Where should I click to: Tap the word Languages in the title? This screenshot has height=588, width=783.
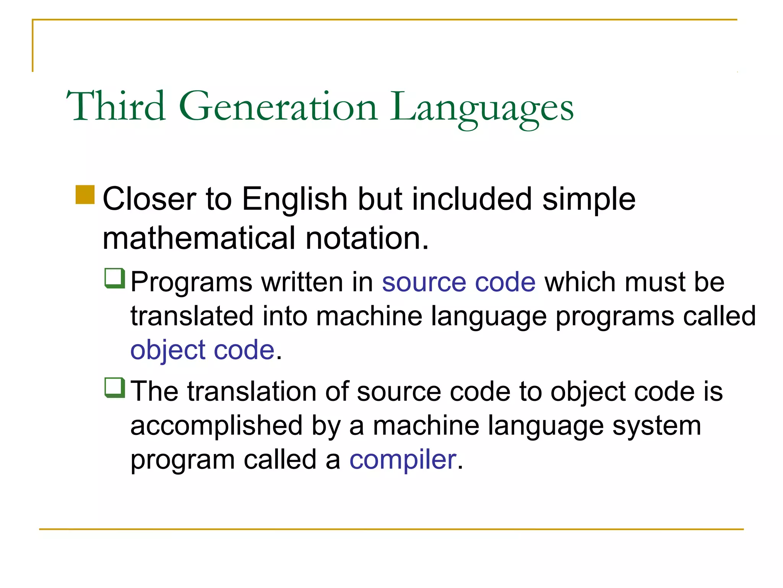click(481, 108)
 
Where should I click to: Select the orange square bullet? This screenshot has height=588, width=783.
click(85, 195)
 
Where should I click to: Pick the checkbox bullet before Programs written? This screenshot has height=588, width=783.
click(115, 278)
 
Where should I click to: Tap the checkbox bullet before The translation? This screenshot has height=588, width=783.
click(115, 387)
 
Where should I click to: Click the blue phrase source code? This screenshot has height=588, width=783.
click(458, 282)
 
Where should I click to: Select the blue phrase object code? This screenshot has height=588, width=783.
click(202, 350)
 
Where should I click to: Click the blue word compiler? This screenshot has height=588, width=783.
click(403, 459)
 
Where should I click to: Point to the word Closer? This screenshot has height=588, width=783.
click(149, 199)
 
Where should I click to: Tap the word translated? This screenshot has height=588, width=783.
click(192, 316)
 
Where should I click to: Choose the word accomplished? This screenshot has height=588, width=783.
click(216, 426)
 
